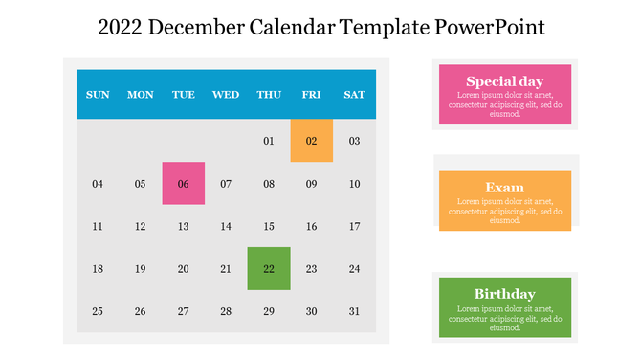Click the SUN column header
(x=98, y=95)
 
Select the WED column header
(x=226, y=95)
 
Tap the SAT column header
(x=354, y=95)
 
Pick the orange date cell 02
(x=312, y=141)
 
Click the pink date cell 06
(x=184, y=184)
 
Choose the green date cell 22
(x=269, y=268)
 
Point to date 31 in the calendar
(x=354, y=311)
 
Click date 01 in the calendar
(x=269, y=142)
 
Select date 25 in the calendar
(x=98, y=311)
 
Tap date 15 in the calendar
(x=269, y=227)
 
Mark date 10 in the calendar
(x=354, y=184)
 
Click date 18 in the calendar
(x=98, y=269)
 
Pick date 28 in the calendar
(x=226, y=311)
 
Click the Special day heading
(x=504, y=81)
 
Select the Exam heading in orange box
(x=504, y=188)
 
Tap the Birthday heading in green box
(x=504, y=294)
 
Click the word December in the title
(x=196, y=27)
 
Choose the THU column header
(x=269, y=95)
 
